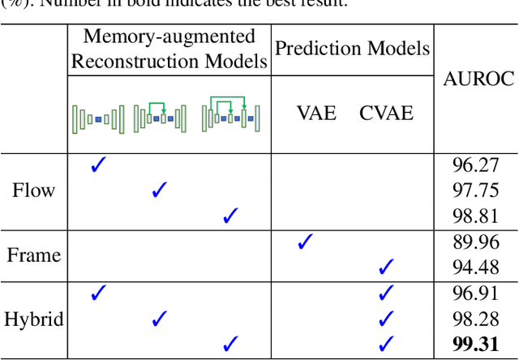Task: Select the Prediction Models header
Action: click(352, 49)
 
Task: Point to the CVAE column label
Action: click(386, 113)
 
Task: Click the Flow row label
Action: click(33, 191)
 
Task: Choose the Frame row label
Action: click(33, 255)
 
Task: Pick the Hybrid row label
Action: click(33, 319)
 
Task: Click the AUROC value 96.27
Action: click(475, 166)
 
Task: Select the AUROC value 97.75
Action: click(475, 191)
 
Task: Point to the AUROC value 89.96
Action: click(475, 242)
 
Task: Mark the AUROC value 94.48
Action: click(475, 267)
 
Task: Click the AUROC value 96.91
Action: click(475, 294)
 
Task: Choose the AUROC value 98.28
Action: click(475, 319)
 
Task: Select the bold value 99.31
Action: click(475, 344)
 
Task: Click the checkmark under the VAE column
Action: click(305, 242)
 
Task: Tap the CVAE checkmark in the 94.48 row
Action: click(386, 266)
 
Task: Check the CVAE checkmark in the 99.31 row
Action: click(386, 343)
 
